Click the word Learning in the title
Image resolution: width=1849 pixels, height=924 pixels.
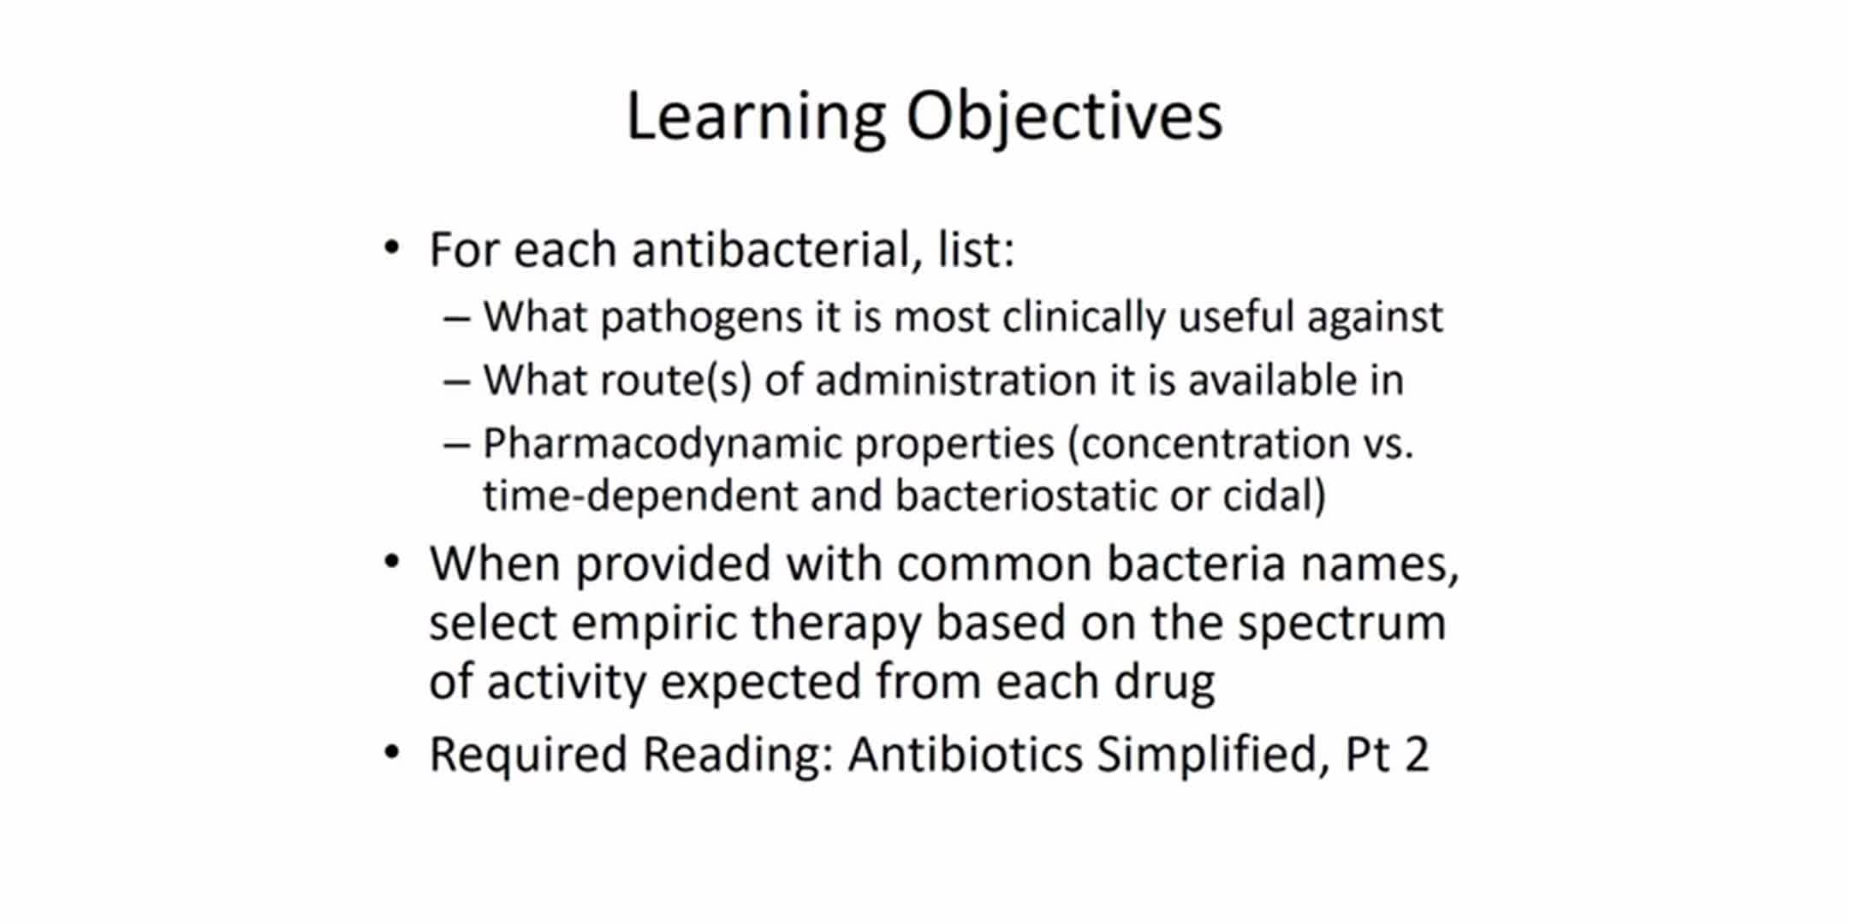coord(756,118)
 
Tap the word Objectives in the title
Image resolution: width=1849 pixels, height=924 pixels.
coord(1064,118)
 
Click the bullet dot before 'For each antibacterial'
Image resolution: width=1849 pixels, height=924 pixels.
coord(392,249)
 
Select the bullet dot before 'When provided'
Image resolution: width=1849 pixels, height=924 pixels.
coord(392,563)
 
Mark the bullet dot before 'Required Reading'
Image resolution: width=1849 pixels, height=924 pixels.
coord(392,753)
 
